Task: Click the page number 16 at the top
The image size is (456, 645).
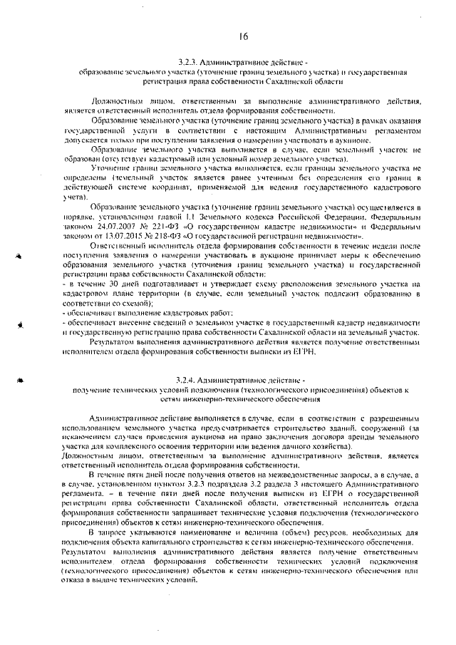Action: (x=243, y=36)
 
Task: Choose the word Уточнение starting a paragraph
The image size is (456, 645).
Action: (x=114, y=167)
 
